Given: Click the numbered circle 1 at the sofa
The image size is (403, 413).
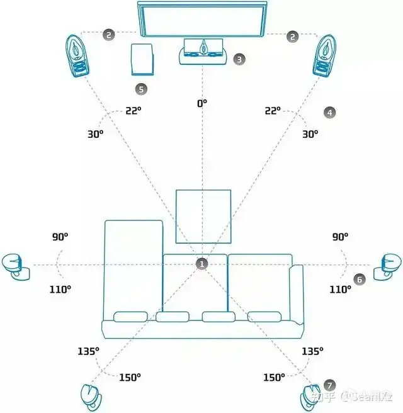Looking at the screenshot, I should (201, 264).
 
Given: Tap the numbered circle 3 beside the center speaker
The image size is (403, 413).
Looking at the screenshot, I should (239, 59).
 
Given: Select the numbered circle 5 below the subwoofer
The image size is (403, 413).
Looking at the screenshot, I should (141, 89).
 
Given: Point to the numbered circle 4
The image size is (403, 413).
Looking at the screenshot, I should (329, 112).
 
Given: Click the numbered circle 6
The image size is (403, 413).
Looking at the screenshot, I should (359, 279).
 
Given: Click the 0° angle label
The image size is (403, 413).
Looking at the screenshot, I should (201, 102).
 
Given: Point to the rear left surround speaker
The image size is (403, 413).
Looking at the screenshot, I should (91, 396).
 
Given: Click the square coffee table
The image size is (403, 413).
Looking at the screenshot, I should (201, 216).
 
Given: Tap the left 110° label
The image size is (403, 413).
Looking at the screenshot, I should (60, 289).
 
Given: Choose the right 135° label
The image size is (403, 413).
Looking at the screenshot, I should (312, 351).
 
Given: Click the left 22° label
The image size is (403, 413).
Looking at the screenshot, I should (132, 111).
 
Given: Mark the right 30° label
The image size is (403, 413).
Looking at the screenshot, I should (310, 134).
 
